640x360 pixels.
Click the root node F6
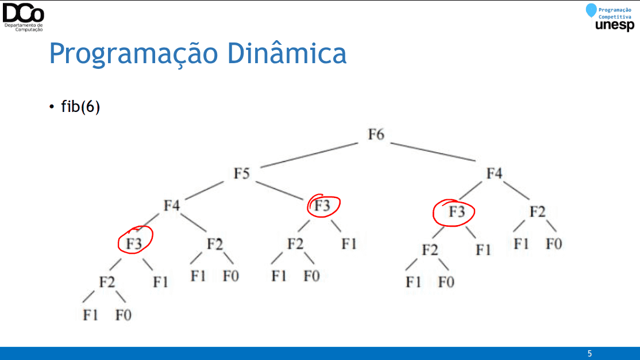click(376, 134)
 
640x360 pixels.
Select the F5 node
click(242, 173)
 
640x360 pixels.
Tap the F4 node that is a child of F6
click(494, 173)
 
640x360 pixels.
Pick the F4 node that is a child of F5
click(172, 206)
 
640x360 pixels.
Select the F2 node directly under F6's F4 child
click(538, 212)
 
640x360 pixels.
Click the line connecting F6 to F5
click(309, 155)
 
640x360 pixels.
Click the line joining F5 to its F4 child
click(204, 191)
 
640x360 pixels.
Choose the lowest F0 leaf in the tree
click(124, 315)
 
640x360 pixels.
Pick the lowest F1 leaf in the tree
click(90, 315)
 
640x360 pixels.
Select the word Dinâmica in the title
click(287, 53)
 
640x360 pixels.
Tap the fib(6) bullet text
click(80, 107)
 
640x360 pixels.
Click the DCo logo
click(23, 16)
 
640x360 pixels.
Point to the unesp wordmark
click(615, 25)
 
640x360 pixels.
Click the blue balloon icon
click(591, 10)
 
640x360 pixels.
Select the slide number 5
click(589, 354)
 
